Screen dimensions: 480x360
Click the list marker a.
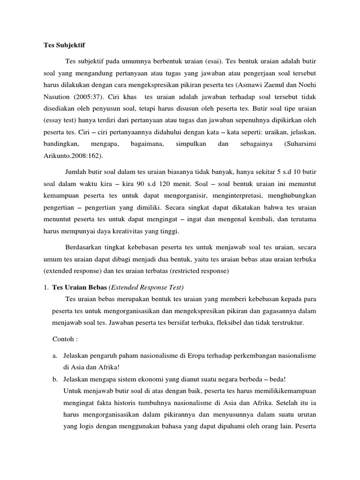click(x=54, y=356)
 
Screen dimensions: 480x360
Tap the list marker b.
click(x=54, y=379)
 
